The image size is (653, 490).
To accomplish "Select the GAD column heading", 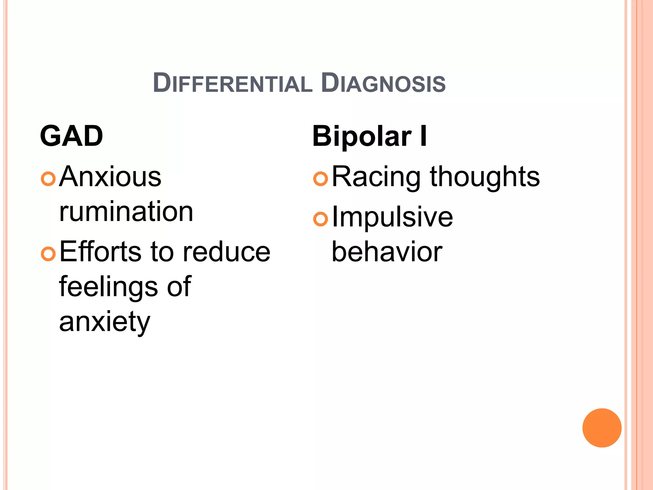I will [71, 136].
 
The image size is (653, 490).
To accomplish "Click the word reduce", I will [227, 252].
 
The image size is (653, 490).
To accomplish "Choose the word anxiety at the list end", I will [105, 322].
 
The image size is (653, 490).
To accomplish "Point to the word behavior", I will [387, 252].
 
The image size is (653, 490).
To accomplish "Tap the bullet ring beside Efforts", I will [48, 254].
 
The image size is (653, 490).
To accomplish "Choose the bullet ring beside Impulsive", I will [321, 219].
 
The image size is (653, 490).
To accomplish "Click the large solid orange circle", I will [602, 428].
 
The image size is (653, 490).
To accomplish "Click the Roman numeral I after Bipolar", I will [423, 137].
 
